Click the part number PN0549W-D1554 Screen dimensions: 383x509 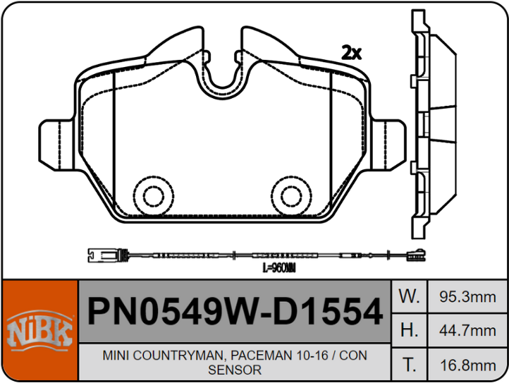coord(233,310)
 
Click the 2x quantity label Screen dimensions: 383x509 coord(350,52)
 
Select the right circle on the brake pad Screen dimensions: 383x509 coord(288,192)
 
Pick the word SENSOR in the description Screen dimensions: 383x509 coord(235,369)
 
